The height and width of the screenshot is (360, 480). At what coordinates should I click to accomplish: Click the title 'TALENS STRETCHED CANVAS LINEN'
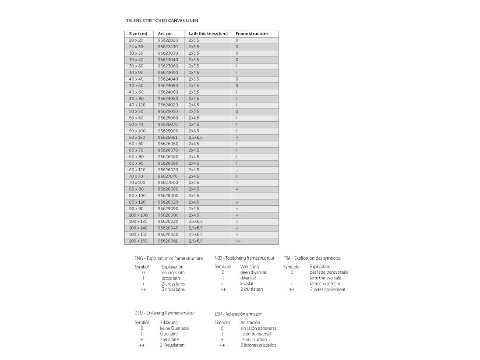[162, 21]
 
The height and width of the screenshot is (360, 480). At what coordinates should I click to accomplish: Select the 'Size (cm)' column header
[138, 34]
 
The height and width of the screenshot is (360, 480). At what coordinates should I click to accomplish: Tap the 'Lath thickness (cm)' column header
[208, 34]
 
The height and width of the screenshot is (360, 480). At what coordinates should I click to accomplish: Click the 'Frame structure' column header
[251, 34]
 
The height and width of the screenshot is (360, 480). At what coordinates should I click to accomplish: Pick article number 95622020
[169, 40]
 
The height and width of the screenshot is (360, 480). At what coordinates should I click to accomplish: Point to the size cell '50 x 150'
[138, 138]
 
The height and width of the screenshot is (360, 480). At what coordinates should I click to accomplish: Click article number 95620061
[169, 241]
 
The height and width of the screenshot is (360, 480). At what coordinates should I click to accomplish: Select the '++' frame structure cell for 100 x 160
[238, 241]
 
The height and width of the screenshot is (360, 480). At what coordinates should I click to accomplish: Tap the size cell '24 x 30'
[136, 47]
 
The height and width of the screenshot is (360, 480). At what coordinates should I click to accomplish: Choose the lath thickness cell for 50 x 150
[196, 138]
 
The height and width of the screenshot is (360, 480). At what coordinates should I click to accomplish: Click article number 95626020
[169, 170]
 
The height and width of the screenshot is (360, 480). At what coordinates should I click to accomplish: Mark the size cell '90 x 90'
[136, 209]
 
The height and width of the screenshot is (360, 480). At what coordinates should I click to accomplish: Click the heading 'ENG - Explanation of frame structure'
[169, 258]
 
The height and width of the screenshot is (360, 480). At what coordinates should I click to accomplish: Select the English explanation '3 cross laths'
[173, 289]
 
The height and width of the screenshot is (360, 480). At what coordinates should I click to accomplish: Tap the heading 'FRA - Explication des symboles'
[312, 258]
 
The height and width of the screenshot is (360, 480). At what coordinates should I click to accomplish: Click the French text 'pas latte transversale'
[329, 272]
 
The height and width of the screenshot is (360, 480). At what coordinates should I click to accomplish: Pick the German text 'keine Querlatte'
[174, 328]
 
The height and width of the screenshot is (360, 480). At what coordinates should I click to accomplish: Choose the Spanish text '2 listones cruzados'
[258, 345]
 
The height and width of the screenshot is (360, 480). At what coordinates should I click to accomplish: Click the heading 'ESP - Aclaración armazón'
[238, 314]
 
